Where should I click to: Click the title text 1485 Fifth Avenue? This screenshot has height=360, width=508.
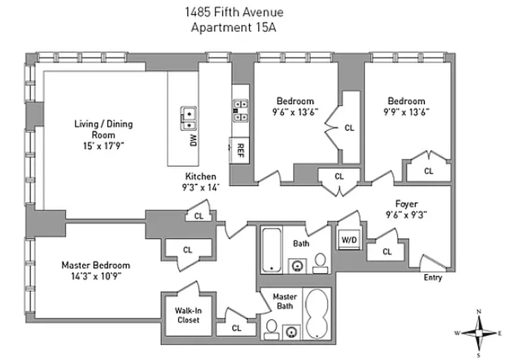[x=234, y=12]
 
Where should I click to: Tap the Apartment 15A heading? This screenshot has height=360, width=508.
[x=233, y=27]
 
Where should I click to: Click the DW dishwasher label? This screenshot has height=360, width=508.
[x=193, y=141]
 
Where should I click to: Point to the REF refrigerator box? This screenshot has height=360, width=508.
[x=240, y=149]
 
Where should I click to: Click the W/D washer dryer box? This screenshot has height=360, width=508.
[x=348, y=240]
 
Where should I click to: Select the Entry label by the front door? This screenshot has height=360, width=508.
[x=432, y=278]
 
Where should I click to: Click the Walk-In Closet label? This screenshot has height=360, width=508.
[x=187, y=315]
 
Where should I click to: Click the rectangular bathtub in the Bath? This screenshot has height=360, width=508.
[x=271, y=250]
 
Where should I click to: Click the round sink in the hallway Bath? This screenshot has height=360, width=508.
[x=296, y=265]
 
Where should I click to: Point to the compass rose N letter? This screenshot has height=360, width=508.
[x=479, y=311]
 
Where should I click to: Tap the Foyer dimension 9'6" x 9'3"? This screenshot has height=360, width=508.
[x=406, y=215]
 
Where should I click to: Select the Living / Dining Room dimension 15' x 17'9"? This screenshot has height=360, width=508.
[x=103, y=145]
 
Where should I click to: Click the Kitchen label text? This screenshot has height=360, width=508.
[x=201, y=176]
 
